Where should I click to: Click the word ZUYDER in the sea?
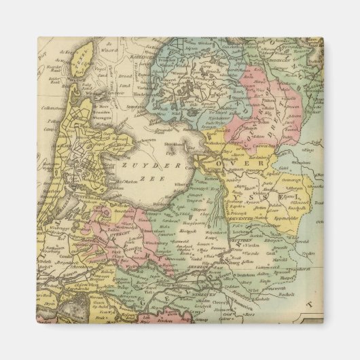(140, 166)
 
